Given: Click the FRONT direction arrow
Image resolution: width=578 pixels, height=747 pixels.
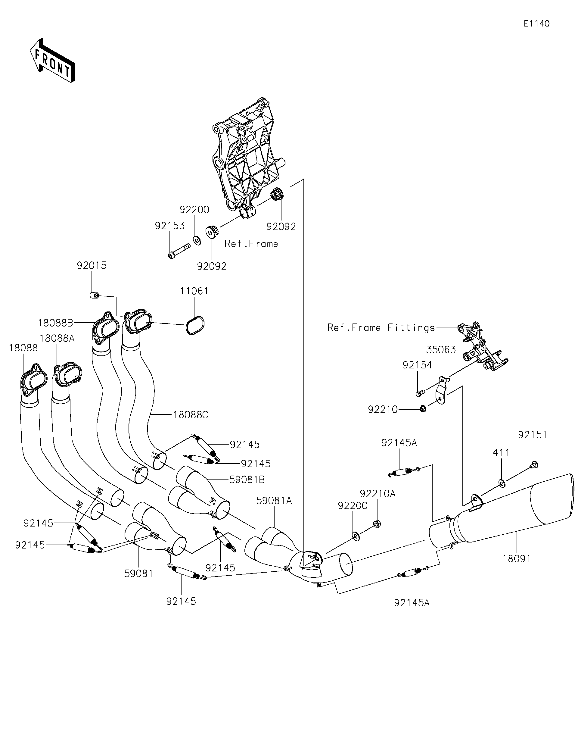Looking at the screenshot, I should tap(52, 61).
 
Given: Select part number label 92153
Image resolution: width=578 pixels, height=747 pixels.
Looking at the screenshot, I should tap(169, 226).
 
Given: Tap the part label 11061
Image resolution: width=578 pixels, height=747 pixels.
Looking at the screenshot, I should tap(194, 291).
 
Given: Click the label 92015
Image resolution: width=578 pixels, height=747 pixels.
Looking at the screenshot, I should tap(92, 265).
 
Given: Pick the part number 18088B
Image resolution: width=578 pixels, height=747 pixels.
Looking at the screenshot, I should tap(55, 323).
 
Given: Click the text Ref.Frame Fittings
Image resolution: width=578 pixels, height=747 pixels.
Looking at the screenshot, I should tap(381, 328).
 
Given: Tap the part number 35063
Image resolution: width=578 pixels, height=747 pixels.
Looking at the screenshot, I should tap(441, 350).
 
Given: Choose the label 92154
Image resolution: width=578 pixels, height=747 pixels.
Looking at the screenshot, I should tap(417, 365).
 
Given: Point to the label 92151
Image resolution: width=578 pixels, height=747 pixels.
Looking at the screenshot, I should tap(533, 435).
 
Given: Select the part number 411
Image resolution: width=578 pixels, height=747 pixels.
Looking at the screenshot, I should tap(501, 453).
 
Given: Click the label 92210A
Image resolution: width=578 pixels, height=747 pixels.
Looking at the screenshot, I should tap(378, 494).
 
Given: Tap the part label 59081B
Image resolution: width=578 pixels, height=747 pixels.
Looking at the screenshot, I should tap(247, 480).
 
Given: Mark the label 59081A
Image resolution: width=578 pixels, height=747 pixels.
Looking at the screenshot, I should tap(274, 501).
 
